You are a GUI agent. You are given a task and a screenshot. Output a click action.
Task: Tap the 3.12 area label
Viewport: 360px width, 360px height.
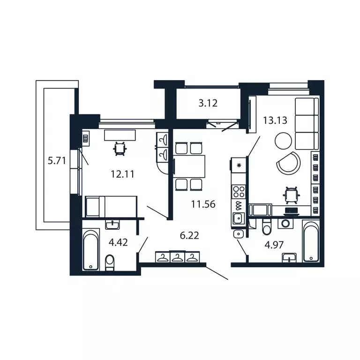click(208, 104)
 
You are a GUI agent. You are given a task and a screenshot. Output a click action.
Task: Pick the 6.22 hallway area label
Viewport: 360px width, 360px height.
click(190, 235)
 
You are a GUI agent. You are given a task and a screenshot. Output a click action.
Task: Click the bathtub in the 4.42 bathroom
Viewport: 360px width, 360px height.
click(91, 249)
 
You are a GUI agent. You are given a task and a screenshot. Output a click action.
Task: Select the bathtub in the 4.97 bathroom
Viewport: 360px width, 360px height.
click(311, 241)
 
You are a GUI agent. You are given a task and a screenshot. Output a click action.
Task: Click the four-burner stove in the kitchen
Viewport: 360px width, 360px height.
click(239, 191)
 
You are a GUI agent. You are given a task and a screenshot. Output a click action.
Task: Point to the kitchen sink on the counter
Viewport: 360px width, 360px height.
click(238, 218)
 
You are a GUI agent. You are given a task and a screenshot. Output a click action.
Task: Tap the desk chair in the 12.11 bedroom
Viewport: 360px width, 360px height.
click(120, 149)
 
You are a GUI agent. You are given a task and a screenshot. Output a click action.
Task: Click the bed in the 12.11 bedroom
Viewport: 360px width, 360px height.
click(111, 206)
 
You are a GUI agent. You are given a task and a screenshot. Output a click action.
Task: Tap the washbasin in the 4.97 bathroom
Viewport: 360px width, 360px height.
click(290, 257)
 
